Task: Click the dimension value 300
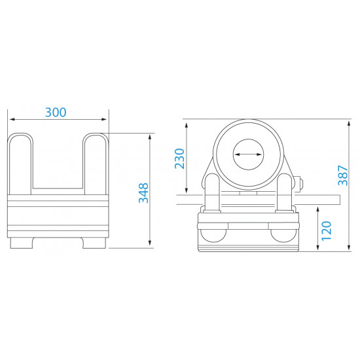56,112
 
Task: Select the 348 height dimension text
143,192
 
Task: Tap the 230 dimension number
180,158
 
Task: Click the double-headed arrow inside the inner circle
249,154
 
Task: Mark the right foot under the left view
94,243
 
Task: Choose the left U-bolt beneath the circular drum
213,193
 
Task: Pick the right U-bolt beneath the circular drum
285,193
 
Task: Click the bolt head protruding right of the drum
302,185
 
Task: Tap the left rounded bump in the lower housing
213,234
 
